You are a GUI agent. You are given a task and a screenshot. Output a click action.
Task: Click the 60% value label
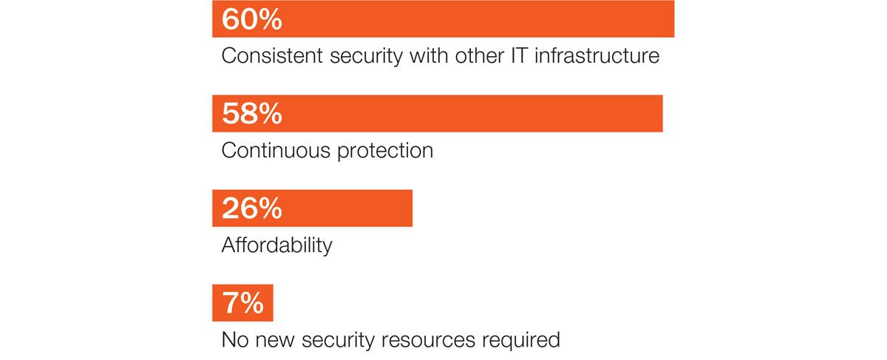252,19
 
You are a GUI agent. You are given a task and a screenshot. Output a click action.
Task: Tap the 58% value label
252,114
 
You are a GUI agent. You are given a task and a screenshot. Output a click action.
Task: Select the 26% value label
252,208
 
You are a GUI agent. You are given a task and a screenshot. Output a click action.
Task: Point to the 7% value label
242,303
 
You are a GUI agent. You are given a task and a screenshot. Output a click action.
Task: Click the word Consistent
272,56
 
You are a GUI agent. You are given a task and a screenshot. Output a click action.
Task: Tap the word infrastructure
597,56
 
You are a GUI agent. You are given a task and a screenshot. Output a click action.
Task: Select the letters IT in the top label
518,56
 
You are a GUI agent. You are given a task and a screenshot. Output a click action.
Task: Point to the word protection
385,152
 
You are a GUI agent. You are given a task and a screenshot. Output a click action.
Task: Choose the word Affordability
276,246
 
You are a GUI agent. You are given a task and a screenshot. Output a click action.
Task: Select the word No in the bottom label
235,340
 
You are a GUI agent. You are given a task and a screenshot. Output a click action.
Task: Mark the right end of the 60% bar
674,19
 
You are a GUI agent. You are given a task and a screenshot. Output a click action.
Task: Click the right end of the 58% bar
662,114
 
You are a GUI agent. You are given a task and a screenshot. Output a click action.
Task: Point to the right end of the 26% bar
412,208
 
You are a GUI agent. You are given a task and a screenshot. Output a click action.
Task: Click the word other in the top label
479,56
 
